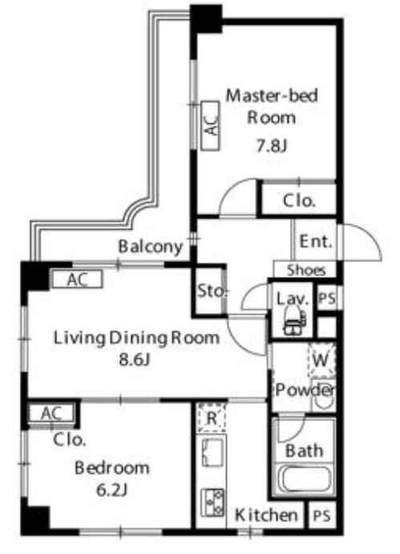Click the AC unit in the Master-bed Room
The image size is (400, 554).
pyautogui.click(x=211, y=126)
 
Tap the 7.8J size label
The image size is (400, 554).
pyautogui.click(x=271, y=145)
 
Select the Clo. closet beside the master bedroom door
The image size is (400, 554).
pyautogui.click(x=299, y=200)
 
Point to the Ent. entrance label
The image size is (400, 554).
pyautogui.click(x=316, y=242)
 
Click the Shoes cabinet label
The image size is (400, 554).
pyautogui.click(x=306, y=271)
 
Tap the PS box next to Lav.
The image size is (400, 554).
pyautogui.click(x=327, y=298)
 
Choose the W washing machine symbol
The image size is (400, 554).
pyautogui.click(x=321, y=360)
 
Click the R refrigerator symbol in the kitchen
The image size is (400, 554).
pyautogui.click(x=212, y=418)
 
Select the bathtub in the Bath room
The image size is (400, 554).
pyautogui.click(x=305, y=479)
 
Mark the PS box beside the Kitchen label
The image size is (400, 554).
pyautogui.click(x=321, y=516)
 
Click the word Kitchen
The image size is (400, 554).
pyautogui.click(x=266, y=516)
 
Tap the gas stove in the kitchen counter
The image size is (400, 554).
pyautogui.click(x=212, y=502)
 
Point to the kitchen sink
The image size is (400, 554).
pyautogui.click(x=212, y=452)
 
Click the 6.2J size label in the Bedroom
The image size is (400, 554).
pyautogui.click(x=111, y=490)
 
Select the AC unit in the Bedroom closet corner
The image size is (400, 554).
pyautogui.click(x=51, y=413)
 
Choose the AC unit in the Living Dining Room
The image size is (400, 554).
pyautogui.click(x=78, y=280)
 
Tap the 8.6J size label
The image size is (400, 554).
pyautogui.click(x=135, y=360)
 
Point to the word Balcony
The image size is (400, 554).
pyautogui.click(x=151, y=247)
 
